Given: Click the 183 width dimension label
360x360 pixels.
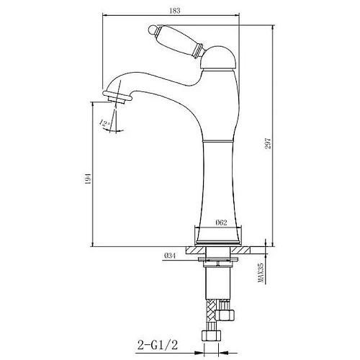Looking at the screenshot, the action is (174, 11).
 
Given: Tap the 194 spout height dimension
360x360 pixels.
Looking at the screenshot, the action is (88, 179).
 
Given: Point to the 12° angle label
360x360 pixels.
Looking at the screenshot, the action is (104, 123).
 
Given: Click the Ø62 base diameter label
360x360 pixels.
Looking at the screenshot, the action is (221, 222).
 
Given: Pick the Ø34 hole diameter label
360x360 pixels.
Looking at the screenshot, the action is (170, 256).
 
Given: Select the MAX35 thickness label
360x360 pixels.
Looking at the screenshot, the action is (261, 273).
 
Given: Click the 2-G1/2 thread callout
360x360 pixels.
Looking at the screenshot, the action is (158, 345).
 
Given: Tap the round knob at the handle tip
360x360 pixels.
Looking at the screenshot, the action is (152, 30).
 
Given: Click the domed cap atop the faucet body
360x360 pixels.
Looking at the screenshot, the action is (218, 58).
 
